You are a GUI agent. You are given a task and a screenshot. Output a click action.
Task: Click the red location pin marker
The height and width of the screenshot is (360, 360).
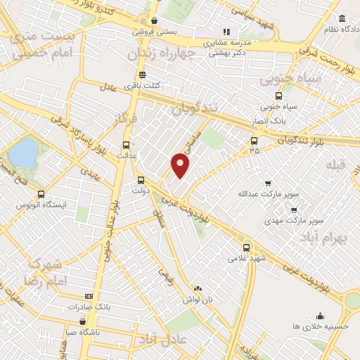tap(181, 165)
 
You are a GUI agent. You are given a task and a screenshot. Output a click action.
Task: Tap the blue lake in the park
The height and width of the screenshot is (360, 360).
tap(25, 153)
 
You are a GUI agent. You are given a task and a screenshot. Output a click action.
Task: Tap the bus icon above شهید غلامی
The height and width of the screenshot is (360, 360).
tap(246, 247)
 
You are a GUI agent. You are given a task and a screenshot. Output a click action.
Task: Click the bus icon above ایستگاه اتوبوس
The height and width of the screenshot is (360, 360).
tap(41, 194)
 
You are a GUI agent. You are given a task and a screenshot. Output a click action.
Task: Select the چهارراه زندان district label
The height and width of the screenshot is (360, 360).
tap(160, 54)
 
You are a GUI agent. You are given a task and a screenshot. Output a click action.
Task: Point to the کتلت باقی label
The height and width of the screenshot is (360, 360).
tap(142, 86)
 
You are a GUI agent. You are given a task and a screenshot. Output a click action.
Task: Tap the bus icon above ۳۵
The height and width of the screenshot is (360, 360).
tap(254, 141)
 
